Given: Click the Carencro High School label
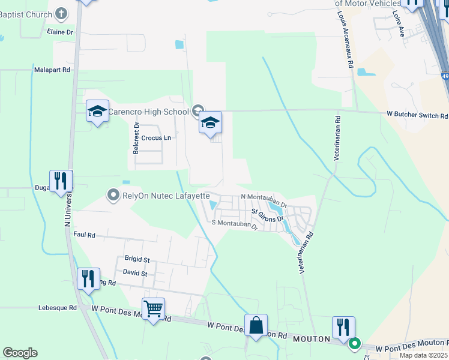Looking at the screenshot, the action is tap(150, 111).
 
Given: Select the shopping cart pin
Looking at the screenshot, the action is tap(153, 310).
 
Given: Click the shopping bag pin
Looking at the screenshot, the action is tap(256, 326).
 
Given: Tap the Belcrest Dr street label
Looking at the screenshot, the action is tap(137, 138).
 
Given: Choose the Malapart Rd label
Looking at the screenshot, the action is tap(53, 70).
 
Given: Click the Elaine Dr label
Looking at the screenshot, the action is tap(61, 32).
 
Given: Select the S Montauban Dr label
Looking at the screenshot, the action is tap(234, 223).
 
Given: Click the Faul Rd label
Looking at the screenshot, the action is tap(83, 235).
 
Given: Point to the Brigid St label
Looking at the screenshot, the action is tap(137, 259).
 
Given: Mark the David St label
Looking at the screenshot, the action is tap(134, 273).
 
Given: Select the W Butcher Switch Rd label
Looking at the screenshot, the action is tap(417, 115).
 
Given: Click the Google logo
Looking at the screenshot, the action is tap(20, 353).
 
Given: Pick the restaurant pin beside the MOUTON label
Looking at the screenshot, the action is tap(343, 328).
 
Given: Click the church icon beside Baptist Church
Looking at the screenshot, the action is tap(61, 13).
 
